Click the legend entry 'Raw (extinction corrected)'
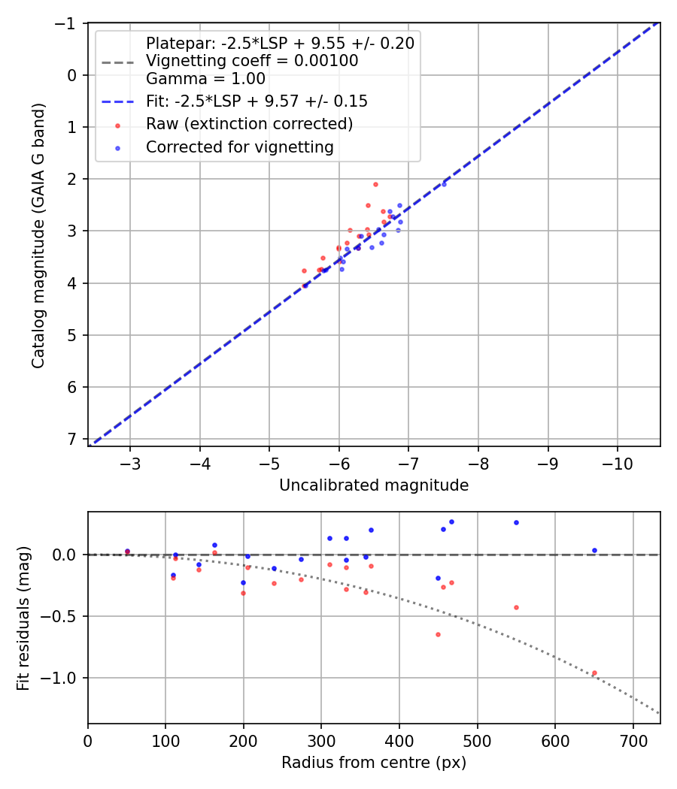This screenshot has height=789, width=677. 250,123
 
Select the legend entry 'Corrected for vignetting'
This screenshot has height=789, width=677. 240,147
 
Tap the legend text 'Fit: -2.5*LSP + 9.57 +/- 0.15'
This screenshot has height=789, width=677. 257,101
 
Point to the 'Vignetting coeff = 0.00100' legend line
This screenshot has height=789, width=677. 252,61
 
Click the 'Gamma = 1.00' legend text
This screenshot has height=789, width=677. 205,78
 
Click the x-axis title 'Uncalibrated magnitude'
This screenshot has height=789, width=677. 374,485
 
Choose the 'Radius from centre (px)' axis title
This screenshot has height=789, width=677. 374,763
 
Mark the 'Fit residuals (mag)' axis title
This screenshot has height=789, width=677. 23,618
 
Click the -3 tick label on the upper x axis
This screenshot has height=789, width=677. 130,459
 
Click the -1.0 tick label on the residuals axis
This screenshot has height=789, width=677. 63,678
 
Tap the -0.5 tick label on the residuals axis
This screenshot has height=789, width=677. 63,616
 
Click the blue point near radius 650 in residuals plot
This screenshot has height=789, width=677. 594,550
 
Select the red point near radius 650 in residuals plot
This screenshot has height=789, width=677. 594,673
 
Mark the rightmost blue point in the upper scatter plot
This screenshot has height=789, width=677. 444,184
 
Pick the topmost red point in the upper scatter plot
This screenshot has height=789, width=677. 375,184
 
